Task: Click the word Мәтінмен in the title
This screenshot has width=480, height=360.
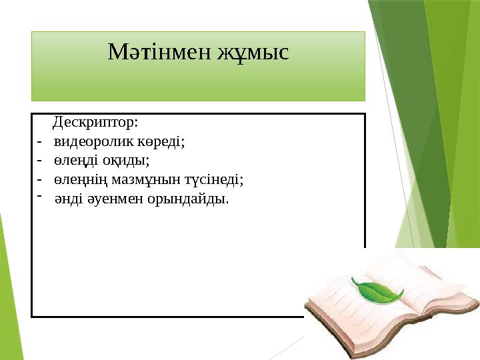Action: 159,51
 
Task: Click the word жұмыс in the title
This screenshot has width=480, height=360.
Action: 253,51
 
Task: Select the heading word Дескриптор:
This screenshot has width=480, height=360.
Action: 95,123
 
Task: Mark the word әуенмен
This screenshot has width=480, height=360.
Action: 111,199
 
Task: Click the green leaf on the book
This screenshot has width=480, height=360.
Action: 378,291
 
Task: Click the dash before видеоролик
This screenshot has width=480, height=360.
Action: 40,141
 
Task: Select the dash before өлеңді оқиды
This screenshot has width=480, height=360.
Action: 40,161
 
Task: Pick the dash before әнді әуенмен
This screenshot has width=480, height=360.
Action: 40,195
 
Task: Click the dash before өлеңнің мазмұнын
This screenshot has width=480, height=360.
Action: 40,179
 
